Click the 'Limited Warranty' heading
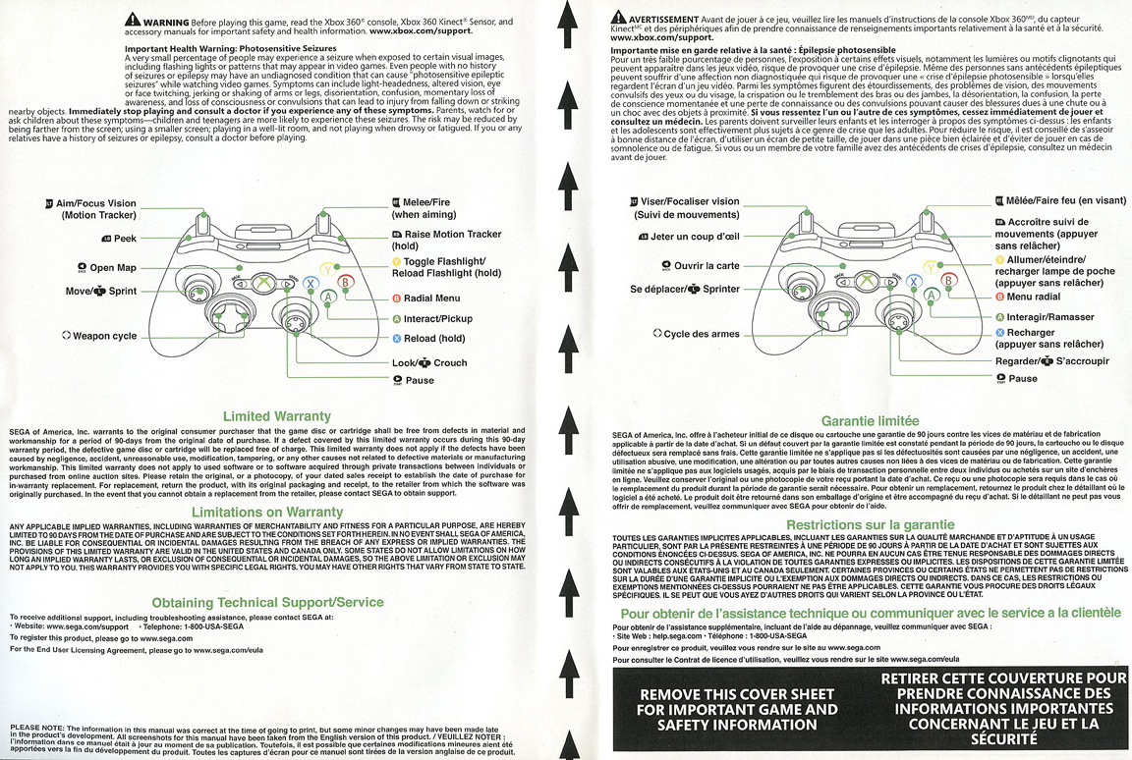[x=277, y=416]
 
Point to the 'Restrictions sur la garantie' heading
[x=870, y=524]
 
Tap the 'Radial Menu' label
[x=431, y=298]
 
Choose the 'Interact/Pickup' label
[x=437, y=318]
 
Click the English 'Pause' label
[x=419, y=380]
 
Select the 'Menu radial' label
[x=1033, y=297]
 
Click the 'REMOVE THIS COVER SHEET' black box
[x=738, y=708]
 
